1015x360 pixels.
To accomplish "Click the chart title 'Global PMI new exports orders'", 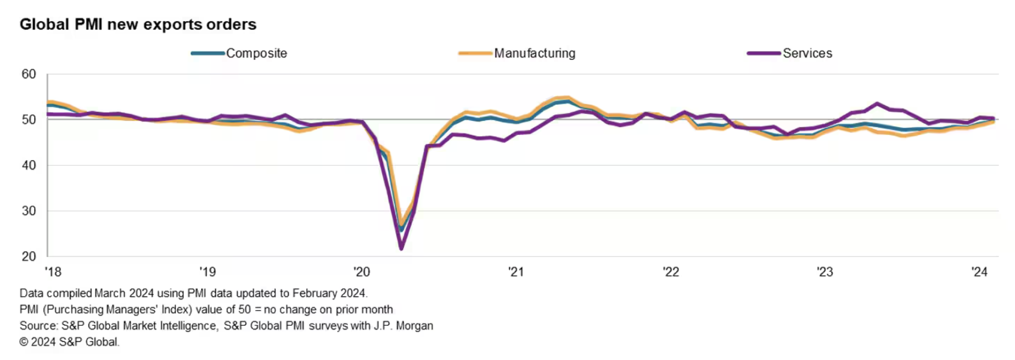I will [138, 24].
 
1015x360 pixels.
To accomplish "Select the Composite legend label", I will [256, 54].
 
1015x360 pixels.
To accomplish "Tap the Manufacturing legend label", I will [534, 54].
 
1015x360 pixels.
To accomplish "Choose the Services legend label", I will [807, 54].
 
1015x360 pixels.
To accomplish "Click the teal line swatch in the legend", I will [208, 54].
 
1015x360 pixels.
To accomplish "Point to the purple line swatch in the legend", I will [763, 54].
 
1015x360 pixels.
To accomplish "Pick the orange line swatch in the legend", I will [475, 54].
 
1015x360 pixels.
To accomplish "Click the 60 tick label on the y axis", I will [28, 74].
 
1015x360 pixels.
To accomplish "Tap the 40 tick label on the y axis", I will [28, 165].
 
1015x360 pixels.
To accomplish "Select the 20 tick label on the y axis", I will [28, 256].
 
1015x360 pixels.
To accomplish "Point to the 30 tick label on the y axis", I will [28, 211].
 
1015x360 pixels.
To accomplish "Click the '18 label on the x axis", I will [53, 272].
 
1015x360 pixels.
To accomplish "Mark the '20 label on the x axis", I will [362, 272].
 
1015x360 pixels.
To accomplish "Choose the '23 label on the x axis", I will [825, 272].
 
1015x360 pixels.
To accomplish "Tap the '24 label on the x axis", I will [979, 272].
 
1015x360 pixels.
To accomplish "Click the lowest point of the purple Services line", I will [402, 248].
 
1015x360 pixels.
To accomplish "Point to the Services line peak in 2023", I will [877, 104].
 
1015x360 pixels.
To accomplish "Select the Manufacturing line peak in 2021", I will [567, 98].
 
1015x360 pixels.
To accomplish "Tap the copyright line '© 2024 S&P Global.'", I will [69, 342].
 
